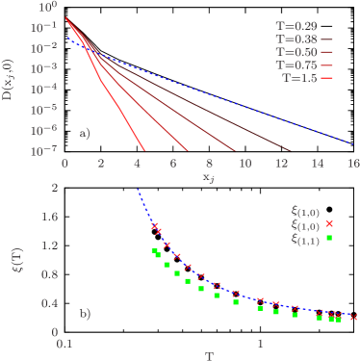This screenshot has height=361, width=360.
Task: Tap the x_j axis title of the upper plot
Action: click(207, 178)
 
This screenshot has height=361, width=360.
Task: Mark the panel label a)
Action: click(85, 134)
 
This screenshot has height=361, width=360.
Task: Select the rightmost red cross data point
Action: click(353, 317)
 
